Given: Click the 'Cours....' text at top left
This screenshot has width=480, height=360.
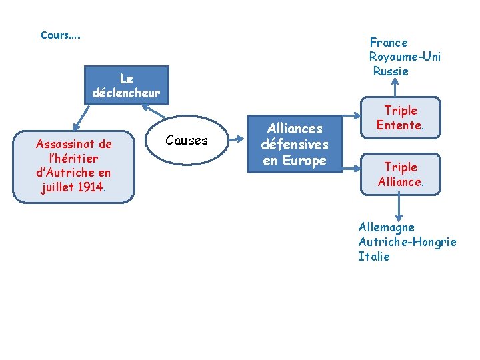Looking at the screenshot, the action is (x=60, y=35).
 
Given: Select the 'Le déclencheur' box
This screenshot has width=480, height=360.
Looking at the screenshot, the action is (x=127, y=85).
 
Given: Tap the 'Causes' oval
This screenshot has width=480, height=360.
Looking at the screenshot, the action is (x=186, y=141).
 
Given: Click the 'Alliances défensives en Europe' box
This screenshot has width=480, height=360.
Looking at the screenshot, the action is (x=294, y=144).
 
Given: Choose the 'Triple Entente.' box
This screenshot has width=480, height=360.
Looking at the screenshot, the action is (x=400, y=118).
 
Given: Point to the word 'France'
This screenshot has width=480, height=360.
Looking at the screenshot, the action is (x=389, y=43).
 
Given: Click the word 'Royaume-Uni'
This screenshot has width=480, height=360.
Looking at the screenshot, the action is (x=405, y=57).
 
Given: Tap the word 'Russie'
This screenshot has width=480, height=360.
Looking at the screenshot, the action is (x=391, y=71).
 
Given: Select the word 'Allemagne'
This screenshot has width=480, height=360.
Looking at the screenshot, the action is (x=386, y=228).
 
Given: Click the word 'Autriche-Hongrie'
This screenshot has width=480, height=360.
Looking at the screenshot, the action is (x=407, y=242).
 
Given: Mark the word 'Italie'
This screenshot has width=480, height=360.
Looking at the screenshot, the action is (x=374, y=257).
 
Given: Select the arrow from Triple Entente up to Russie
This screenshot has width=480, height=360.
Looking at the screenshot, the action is (x=399, y=89).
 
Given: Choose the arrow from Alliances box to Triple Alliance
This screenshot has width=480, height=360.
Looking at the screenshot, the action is (x=352, y=160).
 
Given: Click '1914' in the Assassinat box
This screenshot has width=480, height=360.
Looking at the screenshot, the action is (x=90, y=187).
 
